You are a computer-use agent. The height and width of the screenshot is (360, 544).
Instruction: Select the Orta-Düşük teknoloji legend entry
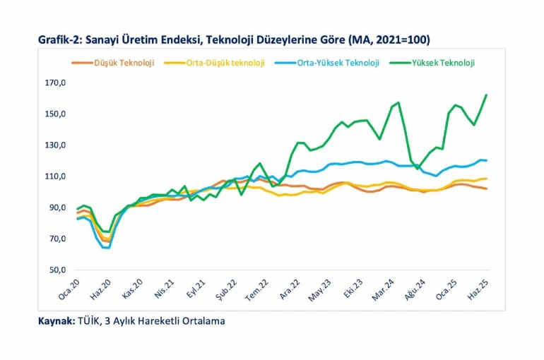click(x=225, y=63)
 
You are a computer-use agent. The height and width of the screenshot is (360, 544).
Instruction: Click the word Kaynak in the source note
click(x=55, y=321)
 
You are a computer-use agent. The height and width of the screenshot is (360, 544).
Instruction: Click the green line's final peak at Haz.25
click(x=486, y=95)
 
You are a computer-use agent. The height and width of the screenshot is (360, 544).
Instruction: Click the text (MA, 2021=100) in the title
click(x=392, y=40)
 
